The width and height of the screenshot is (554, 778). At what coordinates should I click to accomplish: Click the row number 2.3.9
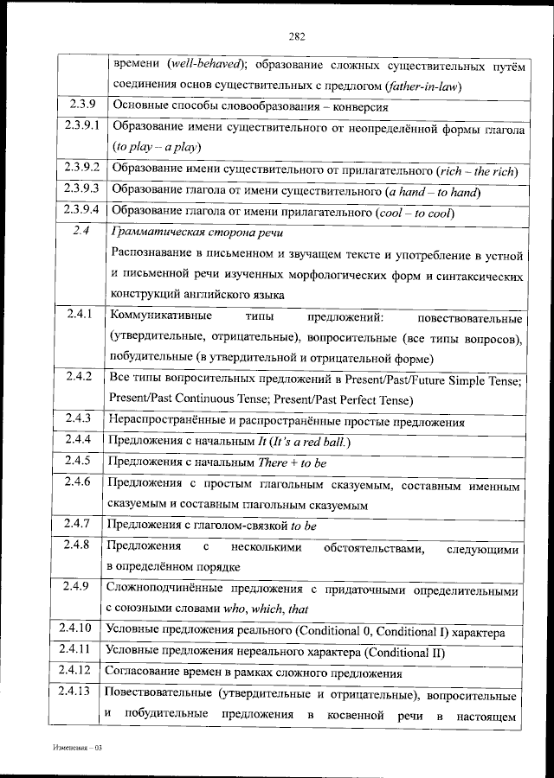coord(81,107)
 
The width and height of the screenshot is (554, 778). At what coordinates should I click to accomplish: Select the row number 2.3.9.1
coord(81,126)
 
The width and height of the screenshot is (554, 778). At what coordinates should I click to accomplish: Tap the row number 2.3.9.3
coord(81,190)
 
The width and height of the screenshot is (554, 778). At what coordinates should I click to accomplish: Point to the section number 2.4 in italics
coord(81,231)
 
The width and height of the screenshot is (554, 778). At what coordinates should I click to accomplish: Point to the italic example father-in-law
coord(423,86)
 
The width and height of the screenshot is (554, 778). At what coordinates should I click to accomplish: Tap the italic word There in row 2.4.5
coord(274,463)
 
